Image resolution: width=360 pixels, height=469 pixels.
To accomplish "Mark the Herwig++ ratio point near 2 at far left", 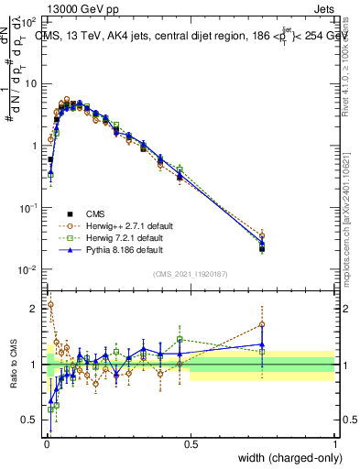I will tap(50, 305).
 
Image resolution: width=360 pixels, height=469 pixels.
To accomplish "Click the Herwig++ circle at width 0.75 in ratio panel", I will tap(262, 324).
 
